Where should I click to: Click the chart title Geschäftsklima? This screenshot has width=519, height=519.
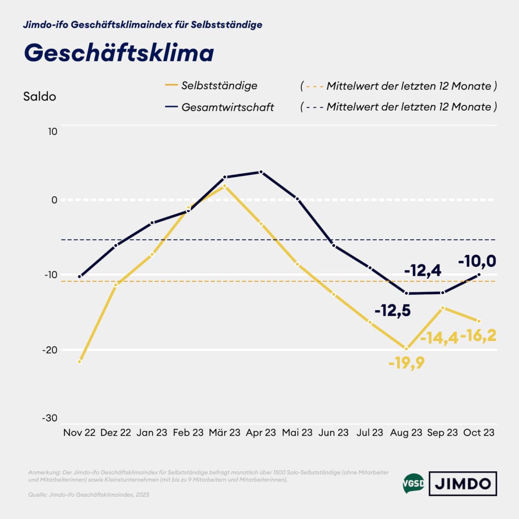point(119,53)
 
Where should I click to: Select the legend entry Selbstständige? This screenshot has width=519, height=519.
point(219,86)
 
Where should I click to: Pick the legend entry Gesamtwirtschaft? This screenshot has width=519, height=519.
point(227,107)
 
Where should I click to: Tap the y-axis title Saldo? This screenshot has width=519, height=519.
point(39,97)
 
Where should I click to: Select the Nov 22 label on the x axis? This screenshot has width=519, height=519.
point(79,432)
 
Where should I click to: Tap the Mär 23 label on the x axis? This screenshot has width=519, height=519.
point(224,432)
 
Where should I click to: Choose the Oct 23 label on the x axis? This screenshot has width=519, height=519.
point(478,432)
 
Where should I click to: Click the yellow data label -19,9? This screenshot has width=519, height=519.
point(406,363)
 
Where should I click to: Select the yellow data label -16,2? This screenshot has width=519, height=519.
point(478,335)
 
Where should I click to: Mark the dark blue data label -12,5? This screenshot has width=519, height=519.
point(392,310)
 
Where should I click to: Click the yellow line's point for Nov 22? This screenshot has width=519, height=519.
point(79,361)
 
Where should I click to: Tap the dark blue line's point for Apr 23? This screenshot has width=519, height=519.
point(261,172)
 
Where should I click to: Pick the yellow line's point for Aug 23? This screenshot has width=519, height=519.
point(406,349)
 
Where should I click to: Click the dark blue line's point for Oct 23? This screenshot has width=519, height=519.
point(479,275)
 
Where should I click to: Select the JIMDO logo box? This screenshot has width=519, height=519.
point(462,484)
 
